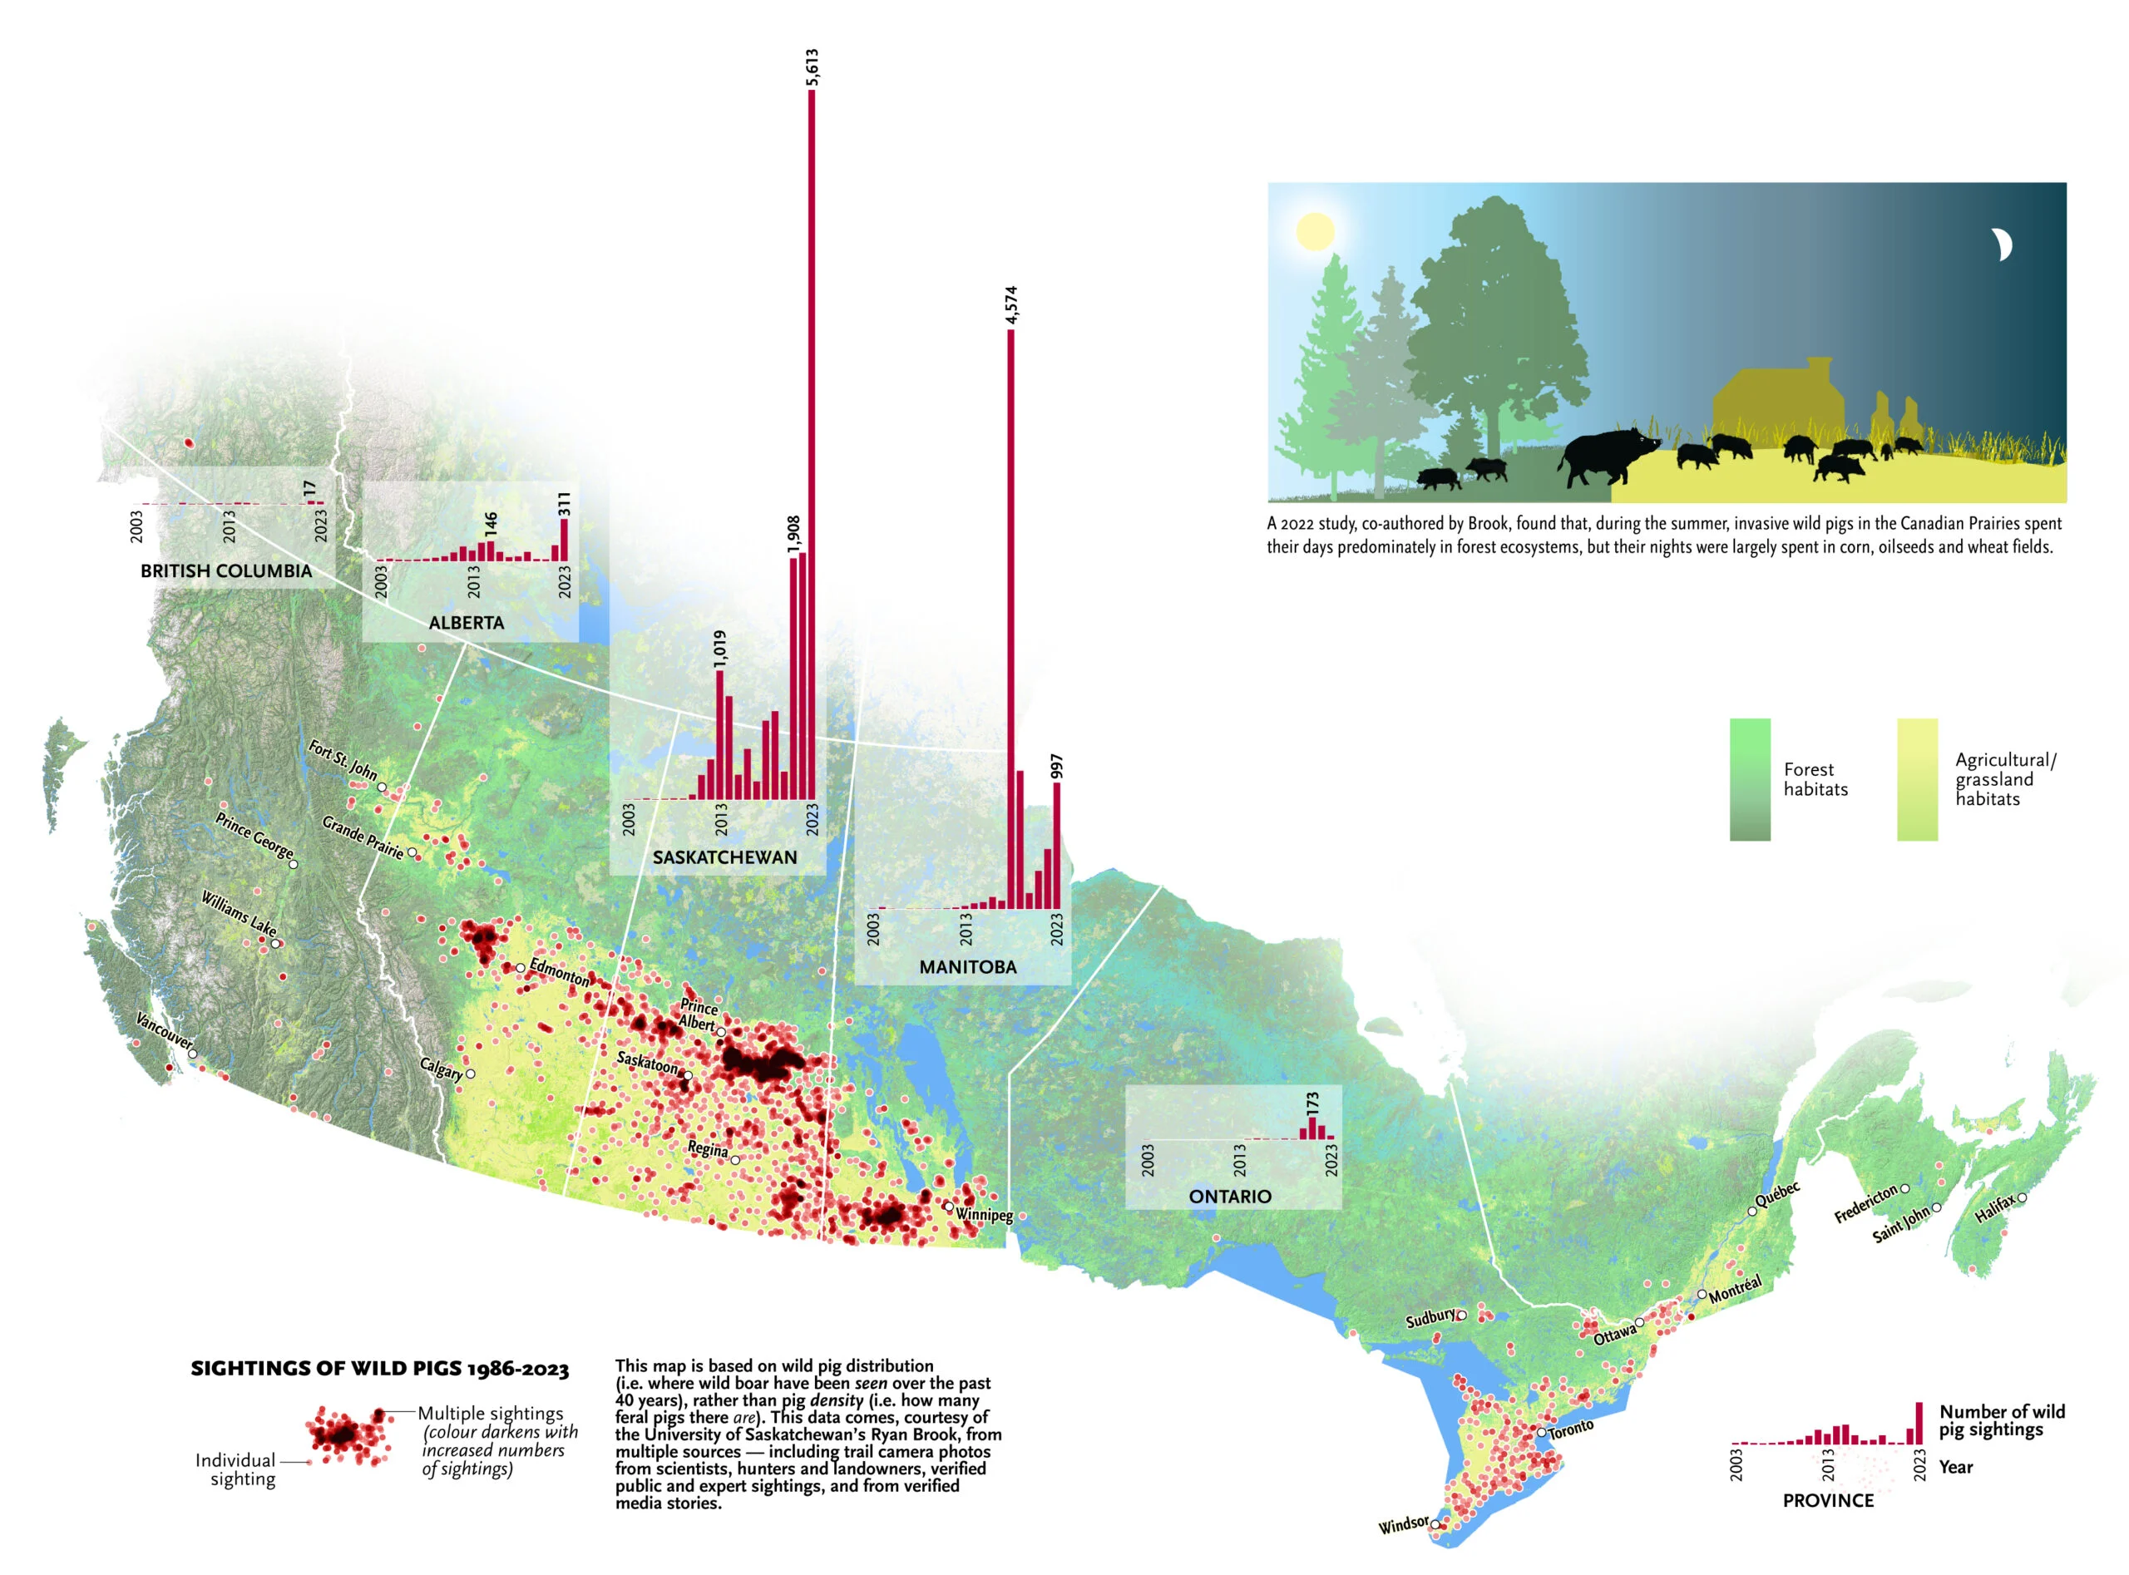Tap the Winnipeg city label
point(984,1215)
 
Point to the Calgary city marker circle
point(470,1074)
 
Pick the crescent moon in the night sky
point(2001,245)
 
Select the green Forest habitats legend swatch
point(1750,779)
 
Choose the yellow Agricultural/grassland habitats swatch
point(1916,779)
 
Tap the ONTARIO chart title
point(1229,1197)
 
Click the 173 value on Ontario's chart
point(1312,1104)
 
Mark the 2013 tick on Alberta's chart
point(473,581)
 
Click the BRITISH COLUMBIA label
point(226,571)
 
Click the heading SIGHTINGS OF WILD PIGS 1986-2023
point(379,1369)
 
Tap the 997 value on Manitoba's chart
point(1055,767)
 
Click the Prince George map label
point(254,836)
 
